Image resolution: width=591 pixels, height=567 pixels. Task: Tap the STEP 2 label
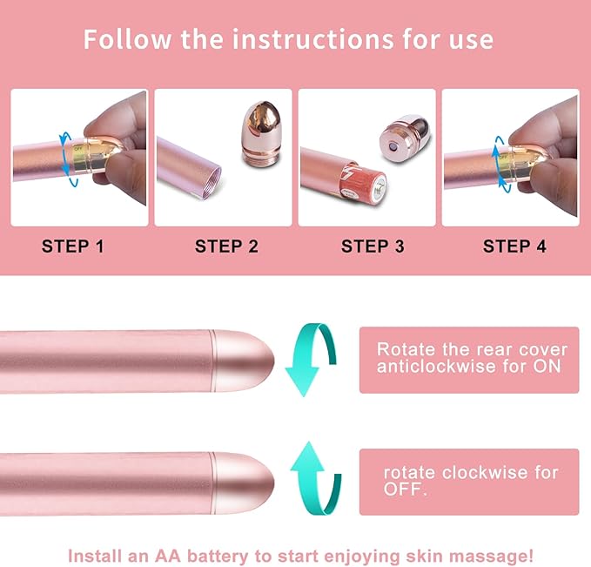[226, 246]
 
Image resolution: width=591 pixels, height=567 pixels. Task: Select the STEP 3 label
[373, 246]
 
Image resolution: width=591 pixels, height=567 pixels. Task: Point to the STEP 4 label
[514, 246]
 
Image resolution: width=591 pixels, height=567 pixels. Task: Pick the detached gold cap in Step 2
[259, 132]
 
